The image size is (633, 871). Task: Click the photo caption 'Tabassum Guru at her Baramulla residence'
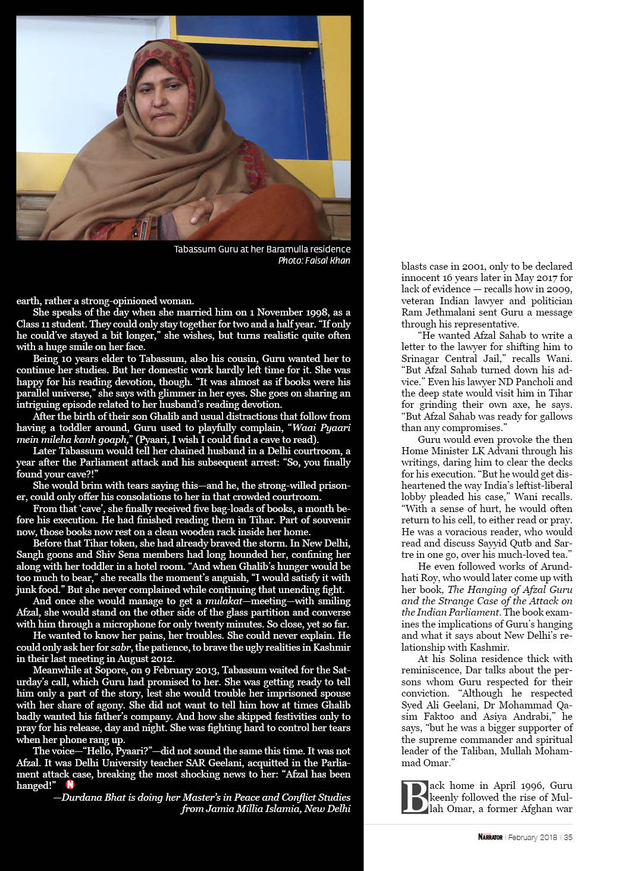coord(262,249)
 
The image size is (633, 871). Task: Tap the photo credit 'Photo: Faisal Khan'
coord(314,261)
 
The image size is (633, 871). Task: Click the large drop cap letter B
coord(415,797)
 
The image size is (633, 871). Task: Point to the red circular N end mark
coord(71,785)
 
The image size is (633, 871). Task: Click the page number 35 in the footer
coord(568,837)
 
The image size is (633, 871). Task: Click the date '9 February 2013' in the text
coord(148,670)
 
